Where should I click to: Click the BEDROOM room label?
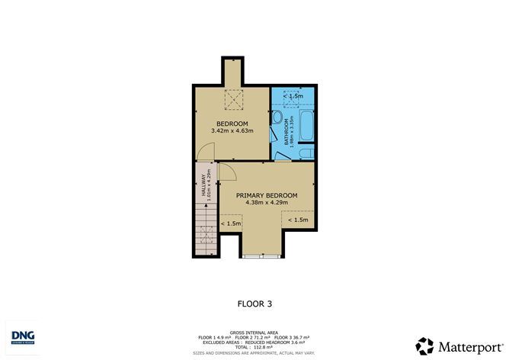232,124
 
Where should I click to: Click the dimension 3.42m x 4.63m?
232,131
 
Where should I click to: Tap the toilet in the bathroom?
276,119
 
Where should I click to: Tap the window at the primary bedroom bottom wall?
263,255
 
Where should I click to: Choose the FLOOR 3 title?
255,304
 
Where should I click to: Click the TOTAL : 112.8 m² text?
254,348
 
